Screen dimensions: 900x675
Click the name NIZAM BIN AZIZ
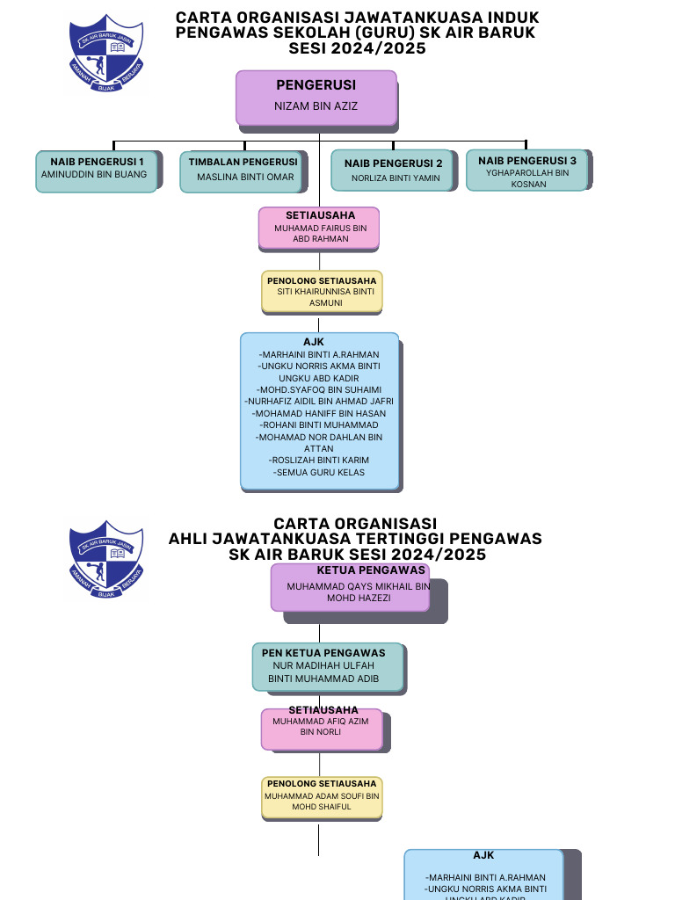pos(316,106)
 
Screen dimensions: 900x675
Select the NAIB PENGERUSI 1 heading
pos(97,162)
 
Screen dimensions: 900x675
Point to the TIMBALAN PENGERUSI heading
pos(243,162)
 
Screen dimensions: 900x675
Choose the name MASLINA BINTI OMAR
pos(245,177)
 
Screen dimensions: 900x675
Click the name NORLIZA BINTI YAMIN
pos(396,178)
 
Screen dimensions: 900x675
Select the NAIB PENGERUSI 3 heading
pos(527,161)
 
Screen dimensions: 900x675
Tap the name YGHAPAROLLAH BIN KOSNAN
pos(527,178)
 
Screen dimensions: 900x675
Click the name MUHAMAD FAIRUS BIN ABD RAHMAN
pos(320,233)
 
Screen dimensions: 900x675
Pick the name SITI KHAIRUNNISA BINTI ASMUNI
pos(322,297)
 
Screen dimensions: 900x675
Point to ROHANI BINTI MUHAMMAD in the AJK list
pos(320,425)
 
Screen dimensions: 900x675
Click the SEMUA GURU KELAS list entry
pos(320,472)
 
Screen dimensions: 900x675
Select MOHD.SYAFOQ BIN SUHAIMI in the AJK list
pos(320,389)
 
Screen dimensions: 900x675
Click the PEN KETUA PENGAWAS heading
pos(323,653)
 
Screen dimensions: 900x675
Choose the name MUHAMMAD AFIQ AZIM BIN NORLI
pos(321,726)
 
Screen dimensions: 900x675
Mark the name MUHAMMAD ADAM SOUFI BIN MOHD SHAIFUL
pos(322,801)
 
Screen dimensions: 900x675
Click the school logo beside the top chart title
pos(106,54)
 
